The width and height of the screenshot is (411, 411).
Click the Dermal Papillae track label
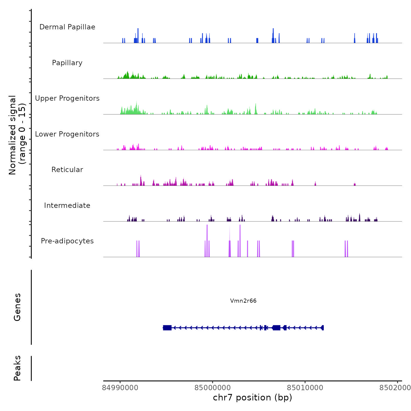[67, 27]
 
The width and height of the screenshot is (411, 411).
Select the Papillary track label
[67, 63]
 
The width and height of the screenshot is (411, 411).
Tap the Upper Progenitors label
[67, 98]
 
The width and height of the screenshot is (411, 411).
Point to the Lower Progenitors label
[67, 134]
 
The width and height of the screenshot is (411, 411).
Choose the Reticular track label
[67, 170]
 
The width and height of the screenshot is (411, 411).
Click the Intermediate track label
[67, 206]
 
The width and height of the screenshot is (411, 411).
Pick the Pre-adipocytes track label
[67, 241]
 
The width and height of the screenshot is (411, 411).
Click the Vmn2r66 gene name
[243, 301]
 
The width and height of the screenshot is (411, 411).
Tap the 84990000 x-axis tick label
[120, 388]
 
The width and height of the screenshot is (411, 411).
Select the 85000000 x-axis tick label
[213, 388]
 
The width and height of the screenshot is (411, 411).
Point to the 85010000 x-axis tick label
[305, 388]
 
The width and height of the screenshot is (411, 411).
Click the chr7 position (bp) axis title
[252, 397]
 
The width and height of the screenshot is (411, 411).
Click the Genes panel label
[17, 307]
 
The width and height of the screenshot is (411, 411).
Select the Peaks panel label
[17, 368]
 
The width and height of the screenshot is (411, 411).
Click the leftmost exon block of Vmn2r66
[167, 328]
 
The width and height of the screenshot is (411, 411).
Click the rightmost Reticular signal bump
[355, 184]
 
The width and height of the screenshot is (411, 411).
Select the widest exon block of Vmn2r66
[276, 328]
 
